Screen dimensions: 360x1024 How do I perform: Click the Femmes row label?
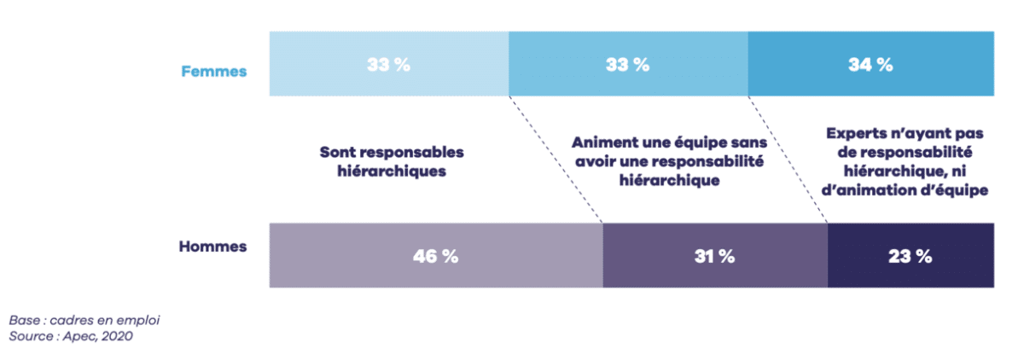tap(213, 71)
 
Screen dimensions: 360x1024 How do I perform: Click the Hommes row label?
tap(212, 247)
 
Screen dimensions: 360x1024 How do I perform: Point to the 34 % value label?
tap(870, 65)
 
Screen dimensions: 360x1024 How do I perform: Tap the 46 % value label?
tap(436, 256)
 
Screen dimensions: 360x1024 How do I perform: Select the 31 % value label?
tap(714, 256)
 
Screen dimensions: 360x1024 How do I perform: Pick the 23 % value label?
tap(910, 256)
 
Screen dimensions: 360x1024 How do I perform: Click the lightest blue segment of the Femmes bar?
tap(324, 81)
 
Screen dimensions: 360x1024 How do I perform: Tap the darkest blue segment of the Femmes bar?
tap(939, 81)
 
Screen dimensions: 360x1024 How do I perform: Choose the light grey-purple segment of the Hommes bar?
tap(341, 269)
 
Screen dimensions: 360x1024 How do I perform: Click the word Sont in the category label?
tap(337, 152)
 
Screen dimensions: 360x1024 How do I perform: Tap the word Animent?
tap(601, 143)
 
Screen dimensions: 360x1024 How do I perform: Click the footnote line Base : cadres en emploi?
tap(84, 321)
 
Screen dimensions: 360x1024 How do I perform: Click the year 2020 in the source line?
tap(116, 336)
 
